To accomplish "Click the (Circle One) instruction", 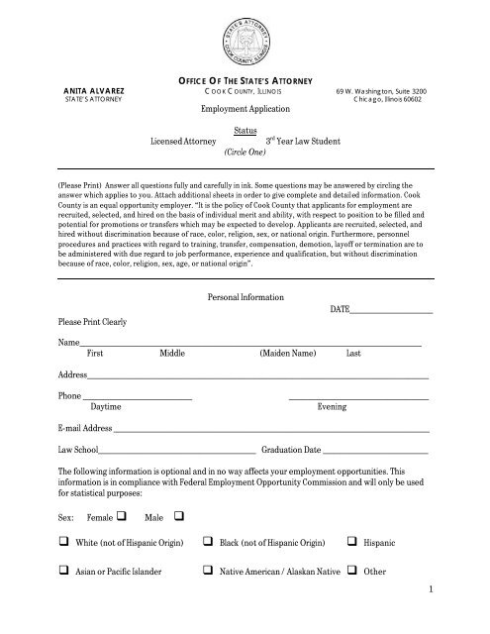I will point(243,156).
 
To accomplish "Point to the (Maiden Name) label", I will point(287,353).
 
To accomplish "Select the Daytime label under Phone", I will point(106,407).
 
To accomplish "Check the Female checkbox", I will point(121,516).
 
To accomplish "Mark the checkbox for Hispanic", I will point(353,544).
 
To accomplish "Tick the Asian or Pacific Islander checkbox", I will point(64,572).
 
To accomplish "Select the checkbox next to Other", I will point(353,572).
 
